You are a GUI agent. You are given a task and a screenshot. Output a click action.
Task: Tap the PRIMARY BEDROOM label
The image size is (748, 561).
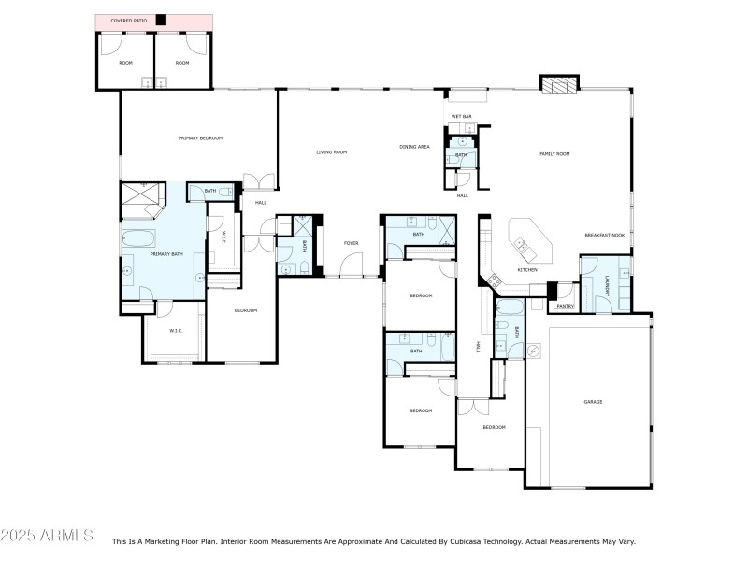pyautogui.click(x=200, y=137)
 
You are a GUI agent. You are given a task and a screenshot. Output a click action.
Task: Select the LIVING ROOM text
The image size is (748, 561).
pyautogui.click(x=331, y=151)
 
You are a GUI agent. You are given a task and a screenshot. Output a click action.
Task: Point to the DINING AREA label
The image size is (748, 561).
pyautogui.click(x=414, y=147)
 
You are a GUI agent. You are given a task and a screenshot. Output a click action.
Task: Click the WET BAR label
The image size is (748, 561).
pyautogui.click(x=461, y=117)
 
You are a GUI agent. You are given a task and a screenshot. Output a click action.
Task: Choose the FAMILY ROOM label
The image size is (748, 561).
pyautogui.click(x=554, y=153)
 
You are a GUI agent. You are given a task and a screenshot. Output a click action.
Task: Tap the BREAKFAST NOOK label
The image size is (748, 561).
pyautogui.click(x=604, y=235)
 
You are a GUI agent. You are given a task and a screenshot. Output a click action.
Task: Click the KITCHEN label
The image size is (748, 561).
pyautogui.click(x=527, y=270)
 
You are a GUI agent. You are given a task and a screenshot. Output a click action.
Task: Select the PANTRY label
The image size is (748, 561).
pyautogui.click(x=565, y=306)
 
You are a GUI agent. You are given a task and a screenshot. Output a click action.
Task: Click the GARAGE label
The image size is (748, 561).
pyautogui.click(x=593, y=402)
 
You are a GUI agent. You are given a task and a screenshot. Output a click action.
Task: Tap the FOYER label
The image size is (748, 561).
pyautogui.click(x=351, y=243)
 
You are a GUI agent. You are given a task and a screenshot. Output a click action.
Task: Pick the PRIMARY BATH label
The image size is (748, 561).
pyautogui.click(x=166, y=253)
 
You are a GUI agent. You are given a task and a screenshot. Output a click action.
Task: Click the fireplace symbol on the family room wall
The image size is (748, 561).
pyautogui.click(x=558, y=86)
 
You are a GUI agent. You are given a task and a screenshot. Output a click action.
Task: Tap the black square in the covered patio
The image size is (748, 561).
pyautogui.click(x=161, y=21)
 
